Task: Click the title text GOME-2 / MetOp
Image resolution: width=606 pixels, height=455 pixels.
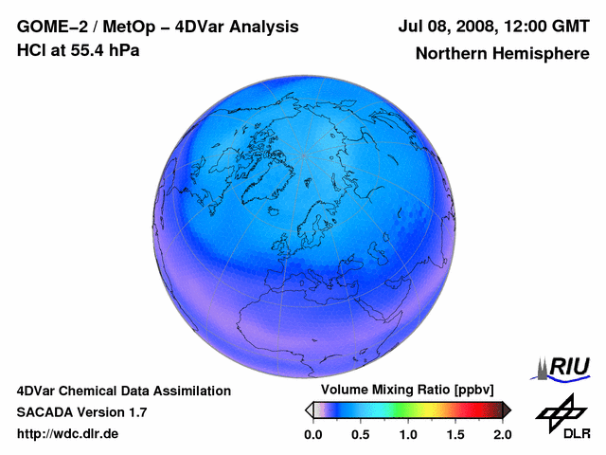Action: tap(80, 26)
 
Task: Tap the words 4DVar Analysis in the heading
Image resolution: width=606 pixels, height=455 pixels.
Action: tap(218, 26)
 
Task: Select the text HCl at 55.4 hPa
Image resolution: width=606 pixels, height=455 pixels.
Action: tap(78, 49)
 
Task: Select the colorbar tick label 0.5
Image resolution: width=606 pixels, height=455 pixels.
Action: tap(360, 434)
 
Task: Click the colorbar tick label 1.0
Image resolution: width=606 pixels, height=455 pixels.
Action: tap(408, 434)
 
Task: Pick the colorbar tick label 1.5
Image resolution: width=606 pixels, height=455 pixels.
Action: tap(455, 434)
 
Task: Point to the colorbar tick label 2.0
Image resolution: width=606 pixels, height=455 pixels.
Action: tap(503, 434)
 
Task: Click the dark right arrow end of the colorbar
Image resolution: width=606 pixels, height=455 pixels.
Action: tap(507, 409)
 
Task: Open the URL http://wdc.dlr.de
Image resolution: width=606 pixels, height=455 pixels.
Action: tap(68, 434)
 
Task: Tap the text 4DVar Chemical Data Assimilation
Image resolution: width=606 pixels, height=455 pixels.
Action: tap(123, 391)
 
